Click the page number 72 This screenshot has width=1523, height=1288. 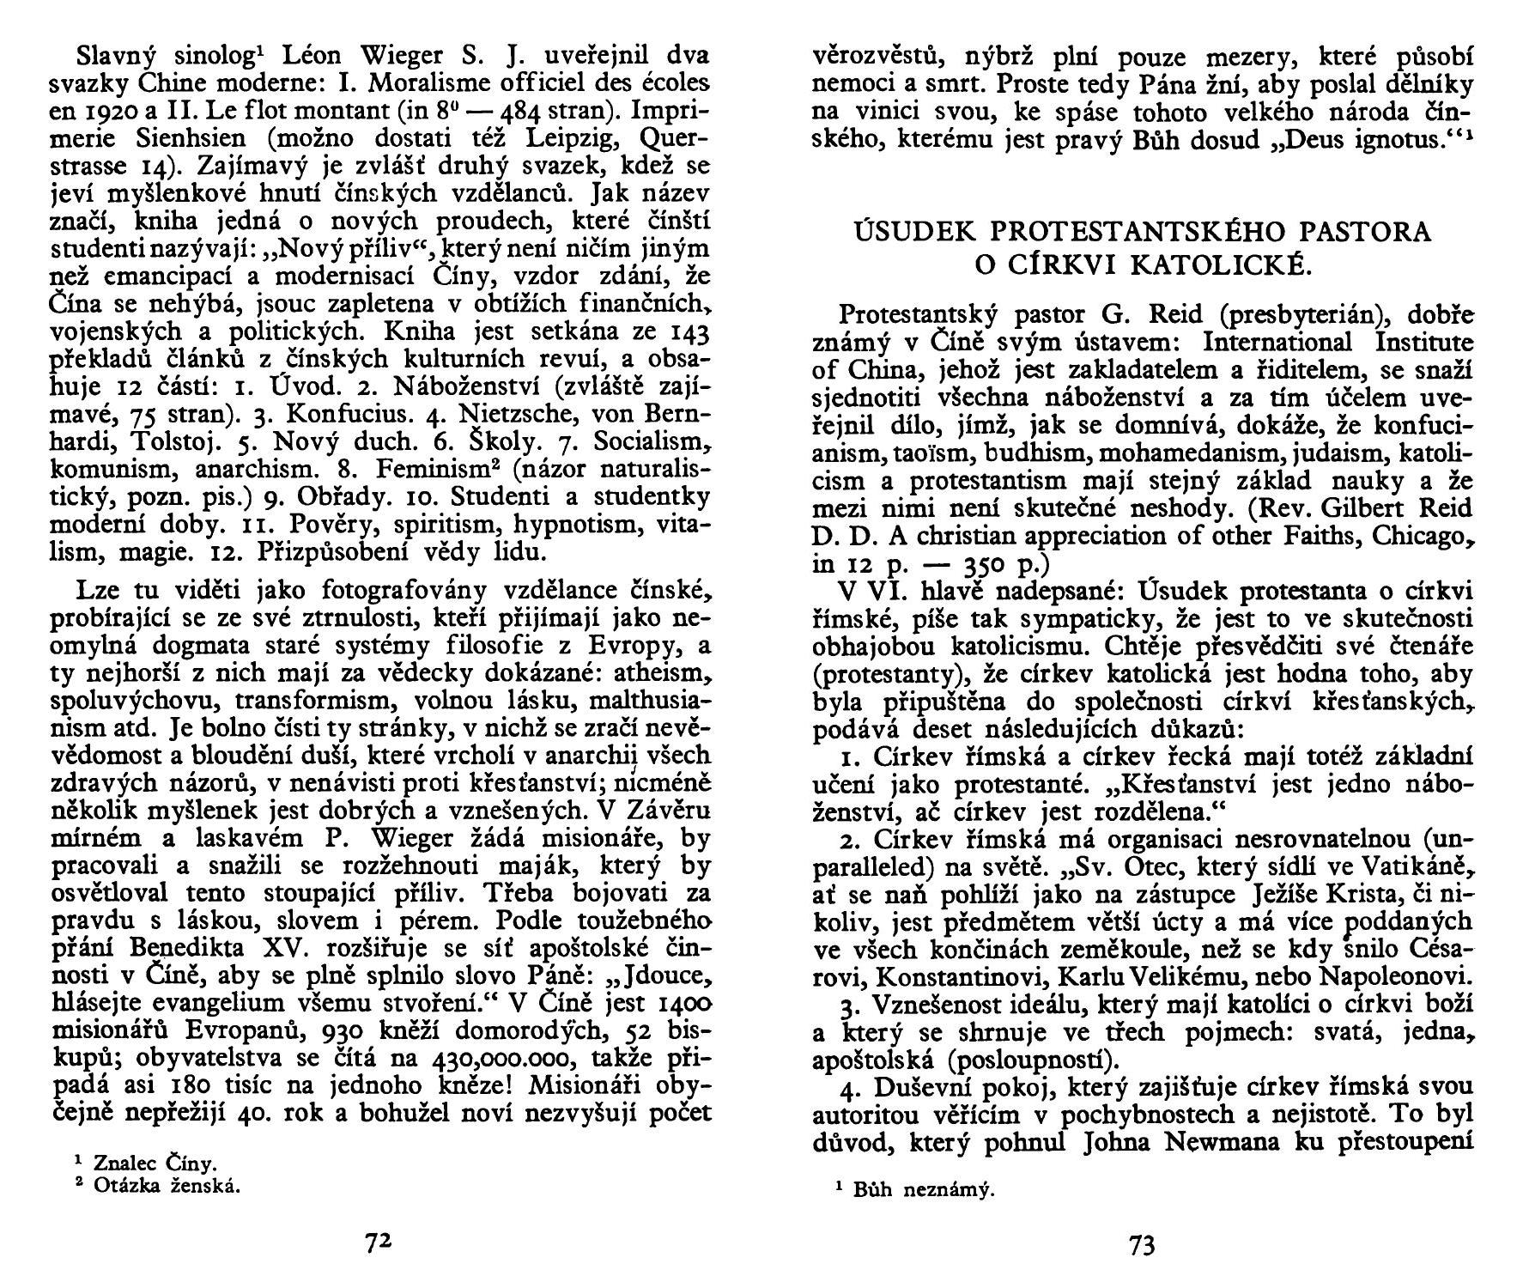379,1243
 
